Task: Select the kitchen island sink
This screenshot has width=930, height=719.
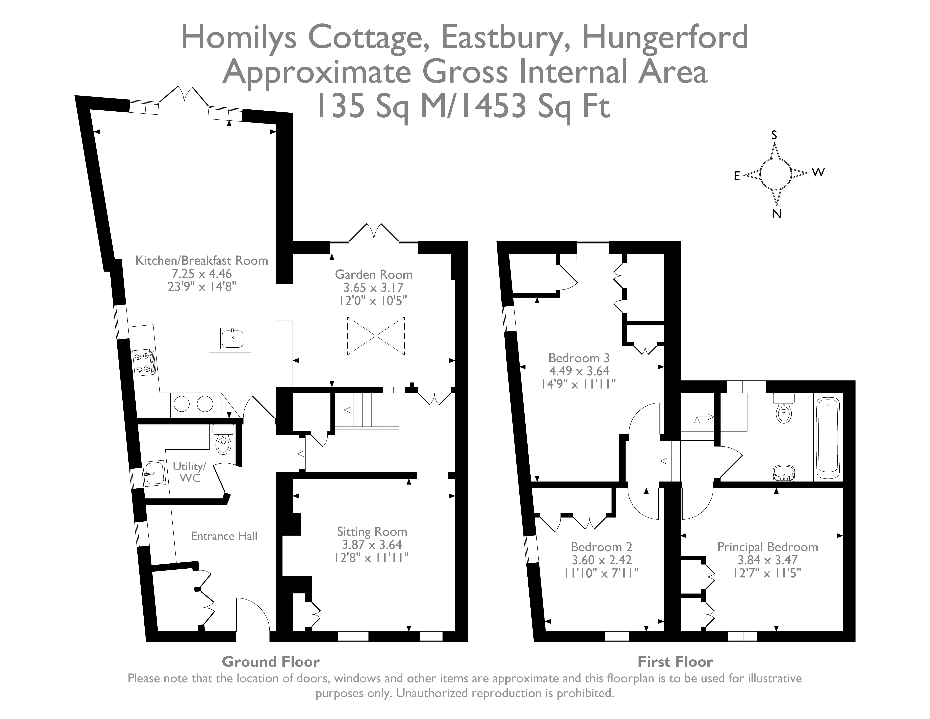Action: pyautogui.click(x=232, y=338)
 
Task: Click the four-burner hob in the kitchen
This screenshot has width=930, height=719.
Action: pyautogui.click(x=143, y=362)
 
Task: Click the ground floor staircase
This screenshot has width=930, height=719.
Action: pyautogui.click(x=367, y=410)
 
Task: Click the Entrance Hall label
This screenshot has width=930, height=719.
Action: pyautogui.click(x=224, y=536)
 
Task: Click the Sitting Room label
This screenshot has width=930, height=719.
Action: pyautogui.click(x=372, y=532)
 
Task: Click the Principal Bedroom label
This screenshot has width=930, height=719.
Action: pyautogui.click(x=767, y=547)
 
